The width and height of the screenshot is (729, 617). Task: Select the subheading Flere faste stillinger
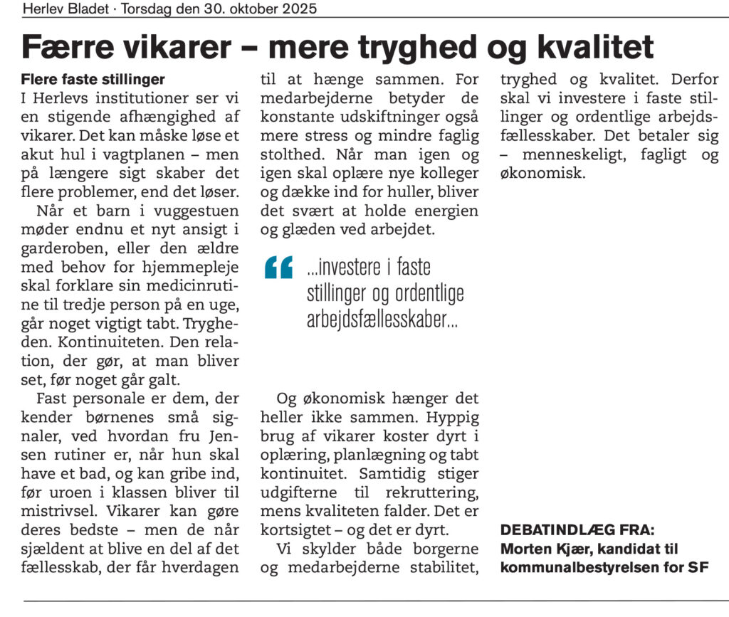coord(93,78)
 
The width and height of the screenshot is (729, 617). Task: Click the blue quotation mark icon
coord(279,268)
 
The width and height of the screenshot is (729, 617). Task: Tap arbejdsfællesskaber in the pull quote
coord(382,320)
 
